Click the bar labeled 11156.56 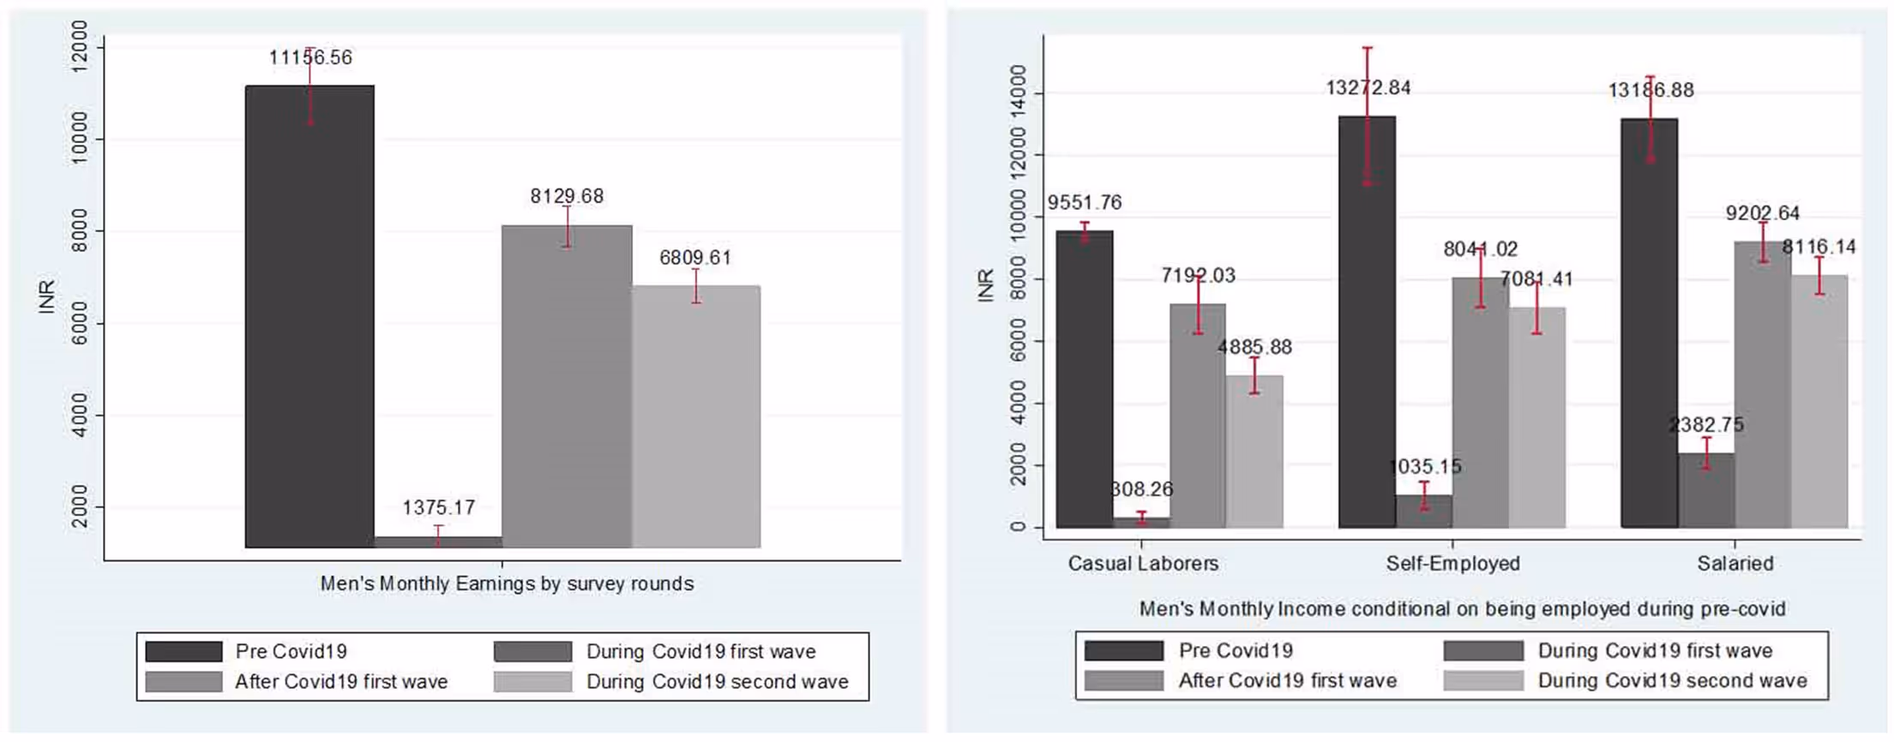click(310, 317)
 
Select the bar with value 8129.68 click(567, 386)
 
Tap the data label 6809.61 click(694, 258)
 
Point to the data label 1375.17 click(438, 507)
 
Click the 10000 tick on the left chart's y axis click(80, 139)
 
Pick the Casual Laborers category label click(1142, 564)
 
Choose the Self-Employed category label click(1452, 564)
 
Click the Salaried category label click(1735, 564)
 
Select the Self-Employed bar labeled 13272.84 click(1367, 321)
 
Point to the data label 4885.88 click(1254, 347)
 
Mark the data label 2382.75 click(1706, 425)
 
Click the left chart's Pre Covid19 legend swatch click(183, 652)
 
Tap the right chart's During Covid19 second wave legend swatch click(1483, 681)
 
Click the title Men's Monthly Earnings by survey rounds click(507, 584)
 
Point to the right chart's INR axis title click(985, 285)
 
